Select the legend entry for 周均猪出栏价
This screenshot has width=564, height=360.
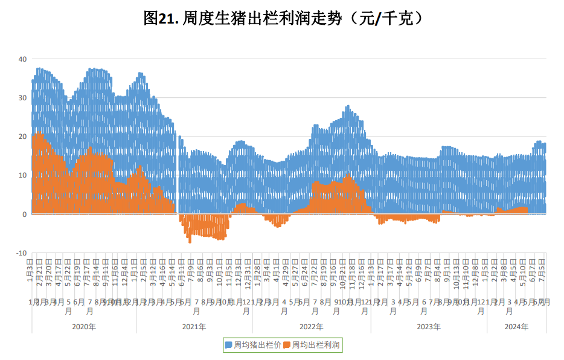coord(253,345)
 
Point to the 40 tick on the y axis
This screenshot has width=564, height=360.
coord(22,59)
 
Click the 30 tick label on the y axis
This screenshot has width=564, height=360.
coord(22,98)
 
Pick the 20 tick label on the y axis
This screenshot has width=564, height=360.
coord(22,137)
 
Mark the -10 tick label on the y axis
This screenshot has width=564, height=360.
coord(21,253)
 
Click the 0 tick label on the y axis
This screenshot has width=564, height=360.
coord(24,214)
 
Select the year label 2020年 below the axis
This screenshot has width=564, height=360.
coord(83,327)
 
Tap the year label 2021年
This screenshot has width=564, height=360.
coord(194,327)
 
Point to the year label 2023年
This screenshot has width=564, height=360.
coord(429,327)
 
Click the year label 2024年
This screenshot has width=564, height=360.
coord(516,327)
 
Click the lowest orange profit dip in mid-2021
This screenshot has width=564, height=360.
coord(190,241)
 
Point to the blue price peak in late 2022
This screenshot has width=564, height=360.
coord(348,107)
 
